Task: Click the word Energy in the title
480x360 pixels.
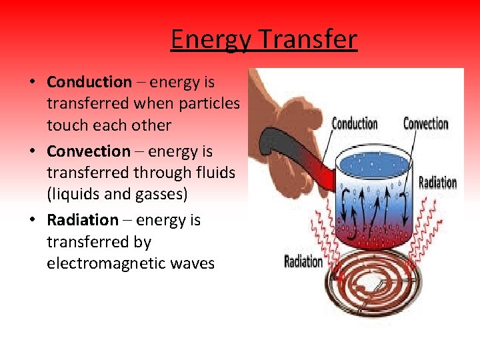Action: coord(211,40)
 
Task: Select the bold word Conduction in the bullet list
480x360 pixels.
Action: coord(89,82)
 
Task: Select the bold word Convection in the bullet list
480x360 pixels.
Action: coord(89,151)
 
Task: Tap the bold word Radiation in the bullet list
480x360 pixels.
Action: coord(82,220)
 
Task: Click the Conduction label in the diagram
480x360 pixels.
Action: coord(355,124)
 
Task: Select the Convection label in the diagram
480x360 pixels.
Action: coord(425,124)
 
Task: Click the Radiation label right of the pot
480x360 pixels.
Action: coord(437,182)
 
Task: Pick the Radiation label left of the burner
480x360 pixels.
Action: coord(303,261)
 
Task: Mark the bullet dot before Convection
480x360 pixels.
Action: coord(32,152)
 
